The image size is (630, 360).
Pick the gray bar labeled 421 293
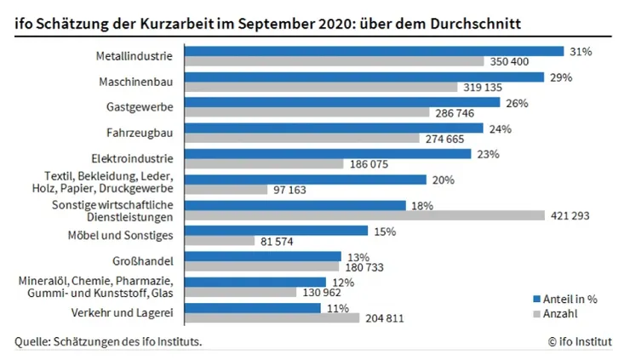pyautogui.click(x=364, y=215)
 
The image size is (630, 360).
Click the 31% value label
pyautogui.click(x=581, y=51)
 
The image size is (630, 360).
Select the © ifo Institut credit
pyautogui.click(x=580, y=342)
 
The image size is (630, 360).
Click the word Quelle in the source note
pyautogui.click(x=31, y=342)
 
